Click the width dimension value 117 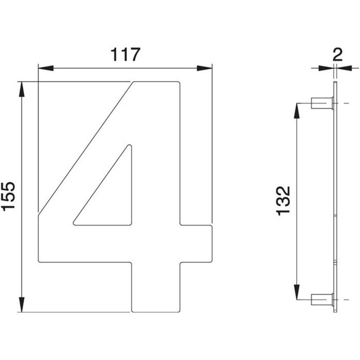coord(124,55)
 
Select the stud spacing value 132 coord(283,200)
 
